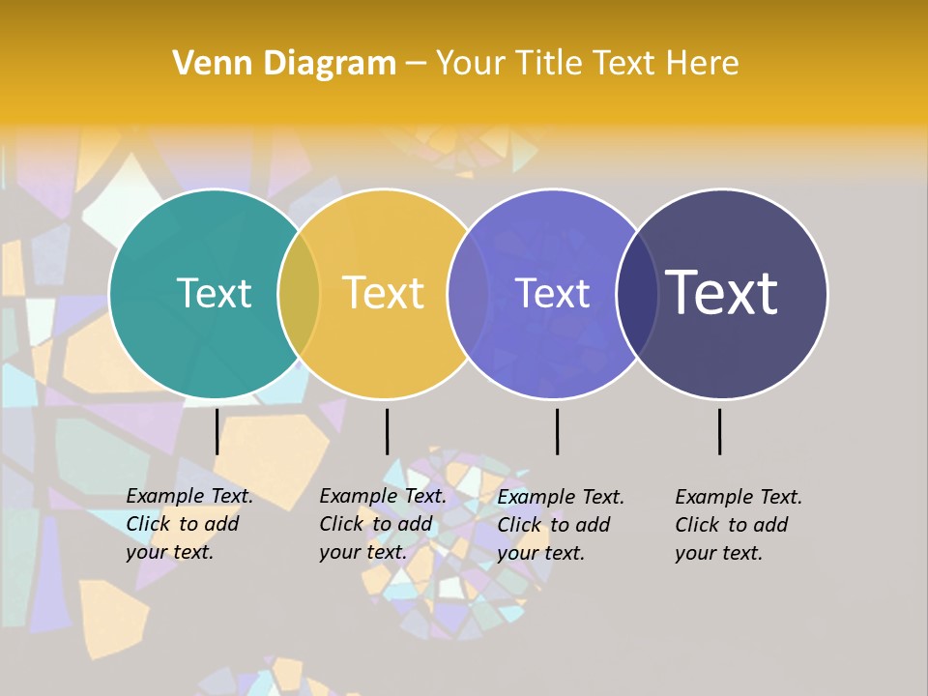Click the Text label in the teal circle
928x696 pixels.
pos(214,293)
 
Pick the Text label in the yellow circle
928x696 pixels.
pos(384,293)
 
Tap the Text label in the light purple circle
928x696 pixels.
pos(553,293)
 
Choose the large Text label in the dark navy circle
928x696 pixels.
pos(722,293)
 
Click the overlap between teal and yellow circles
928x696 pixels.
pos(299,293)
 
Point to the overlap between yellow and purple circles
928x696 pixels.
pos(468,293)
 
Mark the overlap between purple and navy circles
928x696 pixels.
pos(637,293)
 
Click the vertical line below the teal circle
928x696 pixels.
pos(217,431)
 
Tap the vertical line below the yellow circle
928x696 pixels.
pos(387,431)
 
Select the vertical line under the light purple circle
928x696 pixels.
pos(557,431)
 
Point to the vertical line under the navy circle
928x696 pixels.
pos(719,431)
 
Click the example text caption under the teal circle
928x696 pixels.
pos(189,524)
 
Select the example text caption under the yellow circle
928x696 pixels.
pos(383,524)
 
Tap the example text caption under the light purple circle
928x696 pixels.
pos(561,525)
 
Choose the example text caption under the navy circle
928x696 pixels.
pos(739,525)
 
